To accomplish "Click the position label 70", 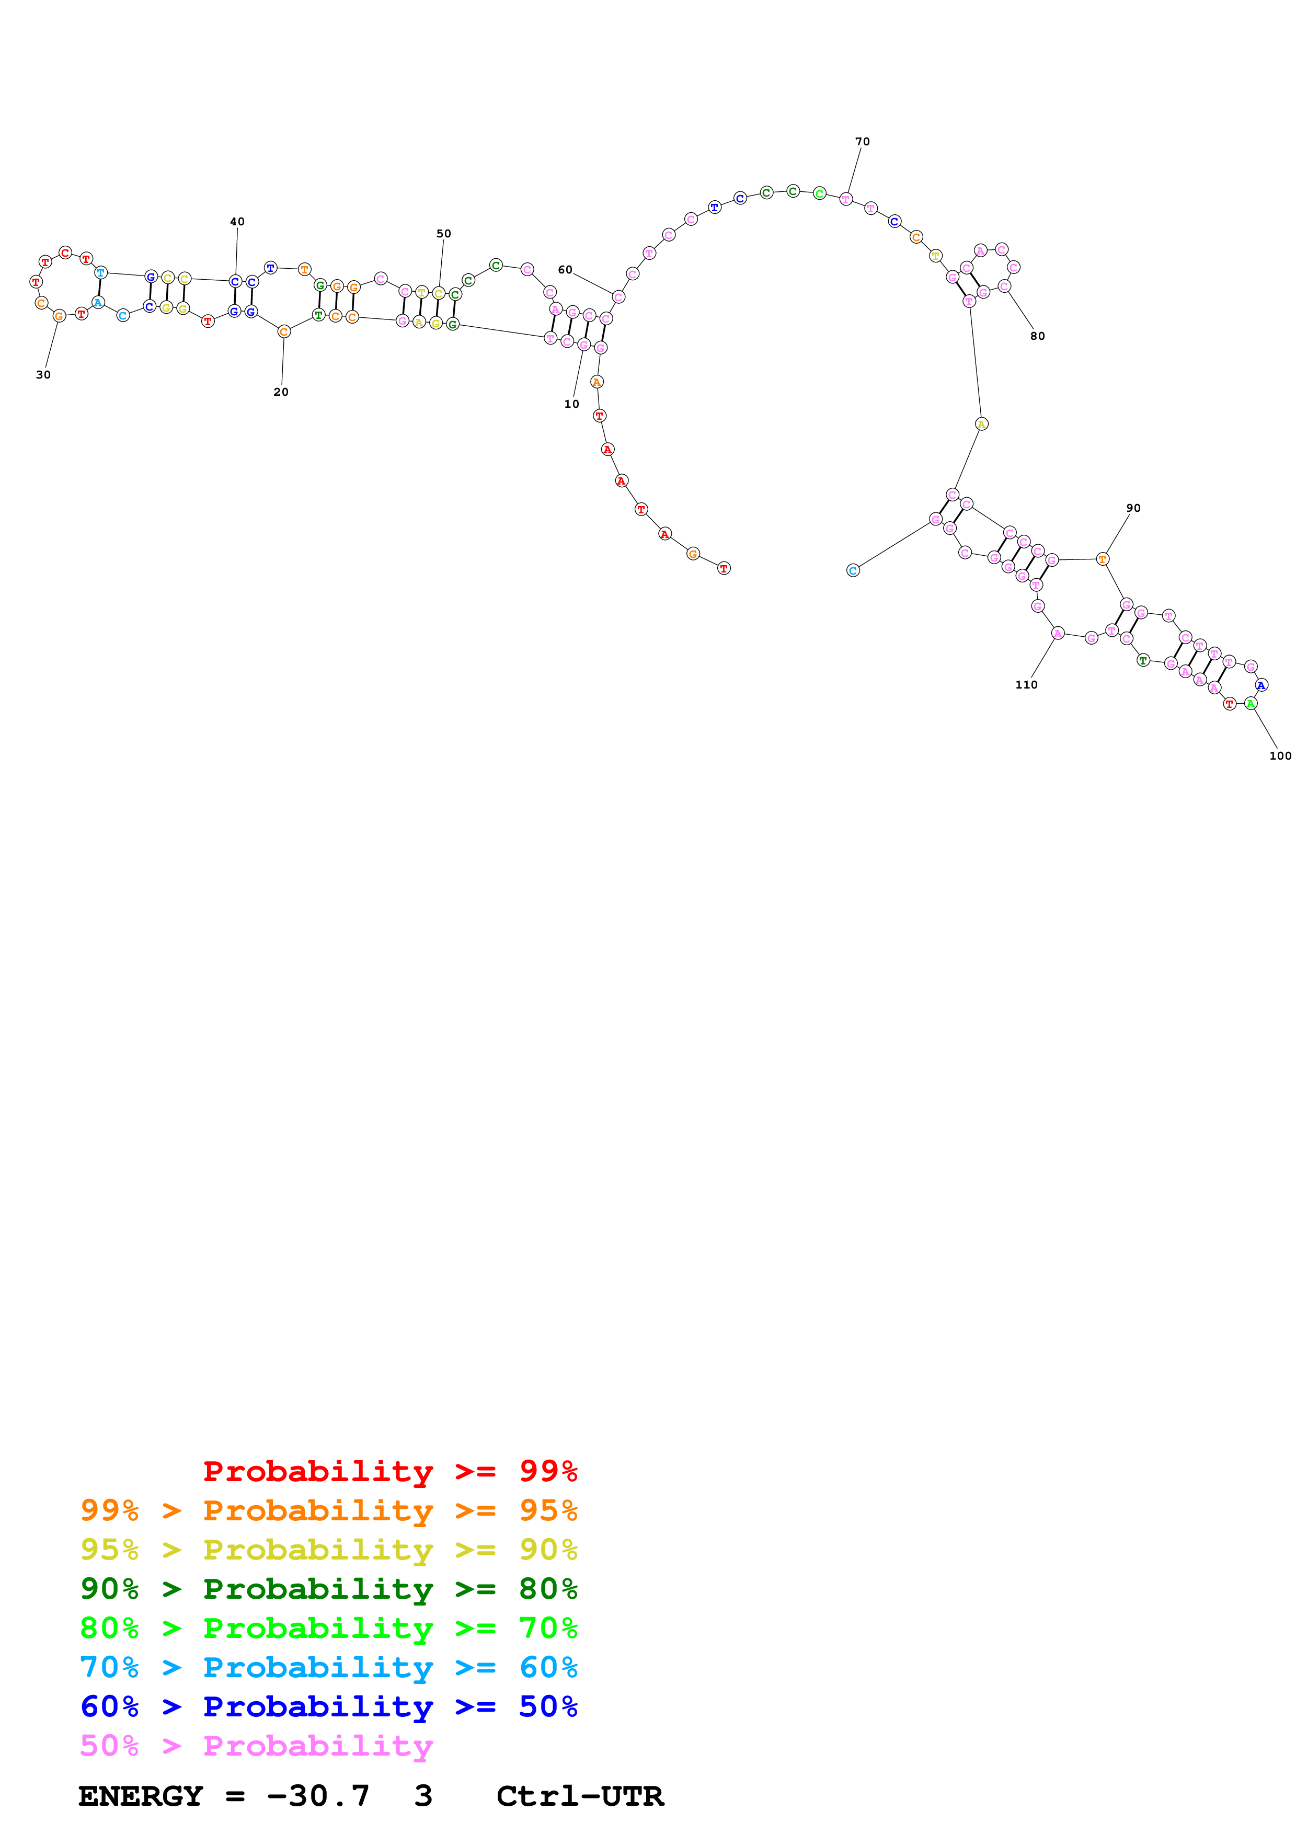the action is [x=863, y=141].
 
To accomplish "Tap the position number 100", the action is [x=1280, y=755].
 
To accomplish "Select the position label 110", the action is [x=1026, y=684].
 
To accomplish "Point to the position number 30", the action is [x=43, y=375].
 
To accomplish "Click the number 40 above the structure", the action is [x=237, y=222].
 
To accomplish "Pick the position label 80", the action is [x=1037, y=336].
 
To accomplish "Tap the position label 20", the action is [x=281, y=392].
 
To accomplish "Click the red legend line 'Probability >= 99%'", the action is [x=389, y=1471].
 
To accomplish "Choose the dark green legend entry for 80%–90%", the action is [x=328, y=1589].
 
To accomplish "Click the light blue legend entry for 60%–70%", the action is [x=328, y=1667].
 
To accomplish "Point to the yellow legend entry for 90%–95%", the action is [x=328, y=1550].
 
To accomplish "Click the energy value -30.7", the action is [x=318, y=1796].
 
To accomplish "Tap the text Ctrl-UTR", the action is [x=580, y=1796].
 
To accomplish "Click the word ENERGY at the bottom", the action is [x=141, y=1796].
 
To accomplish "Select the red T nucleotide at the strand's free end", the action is [x=724, y=569].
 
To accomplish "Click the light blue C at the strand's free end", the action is [x=853, y=570].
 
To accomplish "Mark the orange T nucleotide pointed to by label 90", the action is [x=1102, y=559].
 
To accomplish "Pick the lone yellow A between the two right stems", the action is [x=981, y=424].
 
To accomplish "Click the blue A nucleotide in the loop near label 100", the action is [x=1261, y=685].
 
